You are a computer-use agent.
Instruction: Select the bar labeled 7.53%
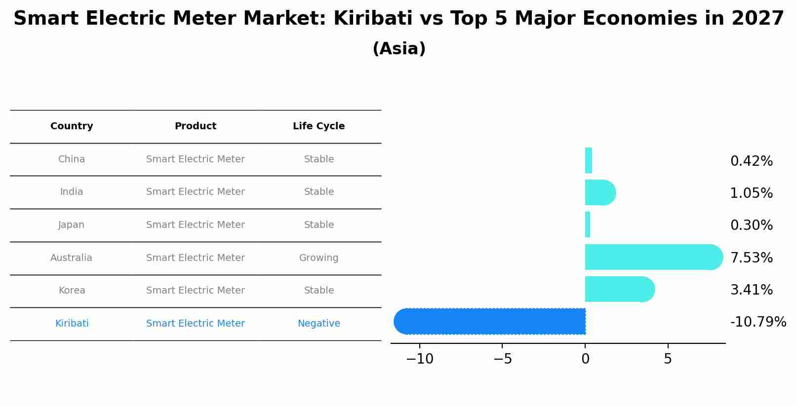tap(652, 257)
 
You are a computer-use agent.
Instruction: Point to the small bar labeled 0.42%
tap(589, 160)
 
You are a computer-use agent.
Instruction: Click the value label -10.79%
tap(757, 322)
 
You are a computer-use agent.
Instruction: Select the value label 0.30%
tap(751, 225)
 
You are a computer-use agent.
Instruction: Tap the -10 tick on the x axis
tap(420, 359)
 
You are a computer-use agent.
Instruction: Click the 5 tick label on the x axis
tap(668, 359)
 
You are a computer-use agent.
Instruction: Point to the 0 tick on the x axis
tap(585, 359)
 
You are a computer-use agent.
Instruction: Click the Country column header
tap(72, 126)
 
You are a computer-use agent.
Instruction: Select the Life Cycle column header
tap(319, 126)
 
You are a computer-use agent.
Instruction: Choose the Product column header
tap(196, 126)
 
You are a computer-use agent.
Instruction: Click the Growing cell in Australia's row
tap(319, 258)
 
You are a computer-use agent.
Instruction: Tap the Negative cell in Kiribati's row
tap(319, 324)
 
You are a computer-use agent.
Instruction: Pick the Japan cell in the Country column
tap(72, 225)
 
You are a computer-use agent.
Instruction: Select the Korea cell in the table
tap(72, 291)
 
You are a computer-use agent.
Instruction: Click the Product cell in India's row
tap(196, 192)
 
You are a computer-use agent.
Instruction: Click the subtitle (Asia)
tap(398, 49)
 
